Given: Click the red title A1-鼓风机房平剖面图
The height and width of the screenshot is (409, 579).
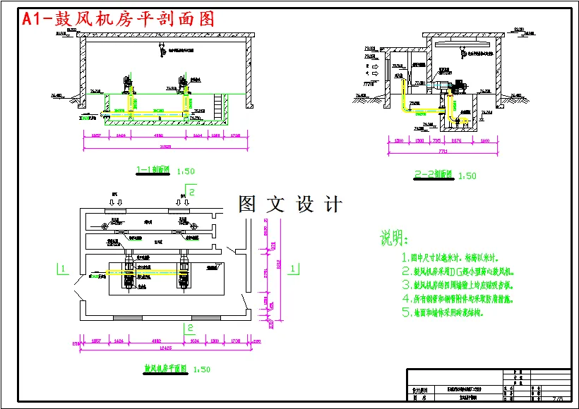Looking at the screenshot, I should [x=119, y=19].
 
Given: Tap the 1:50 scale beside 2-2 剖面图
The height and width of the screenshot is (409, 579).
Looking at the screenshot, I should [x=467, y=176].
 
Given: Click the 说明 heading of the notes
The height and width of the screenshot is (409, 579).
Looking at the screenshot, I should [x=395, y=236].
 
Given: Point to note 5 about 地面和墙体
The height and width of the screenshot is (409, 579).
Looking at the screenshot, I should [x=443, y=312].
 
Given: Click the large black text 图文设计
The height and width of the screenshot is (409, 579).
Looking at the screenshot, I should [x=290, y=204].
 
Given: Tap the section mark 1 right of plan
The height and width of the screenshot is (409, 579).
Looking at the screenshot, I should [x=295, y=268].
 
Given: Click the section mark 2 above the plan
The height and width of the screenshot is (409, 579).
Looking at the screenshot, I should [x=191, y=190].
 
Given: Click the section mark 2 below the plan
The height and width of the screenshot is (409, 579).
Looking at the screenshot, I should [x=189, y=327].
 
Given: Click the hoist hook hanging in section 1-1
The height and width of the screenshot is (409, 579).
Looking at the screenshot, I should [x=162, y=49].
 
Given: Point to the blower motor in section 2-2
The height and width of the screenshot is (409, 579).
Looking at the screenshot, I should [x=456, y=85].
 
